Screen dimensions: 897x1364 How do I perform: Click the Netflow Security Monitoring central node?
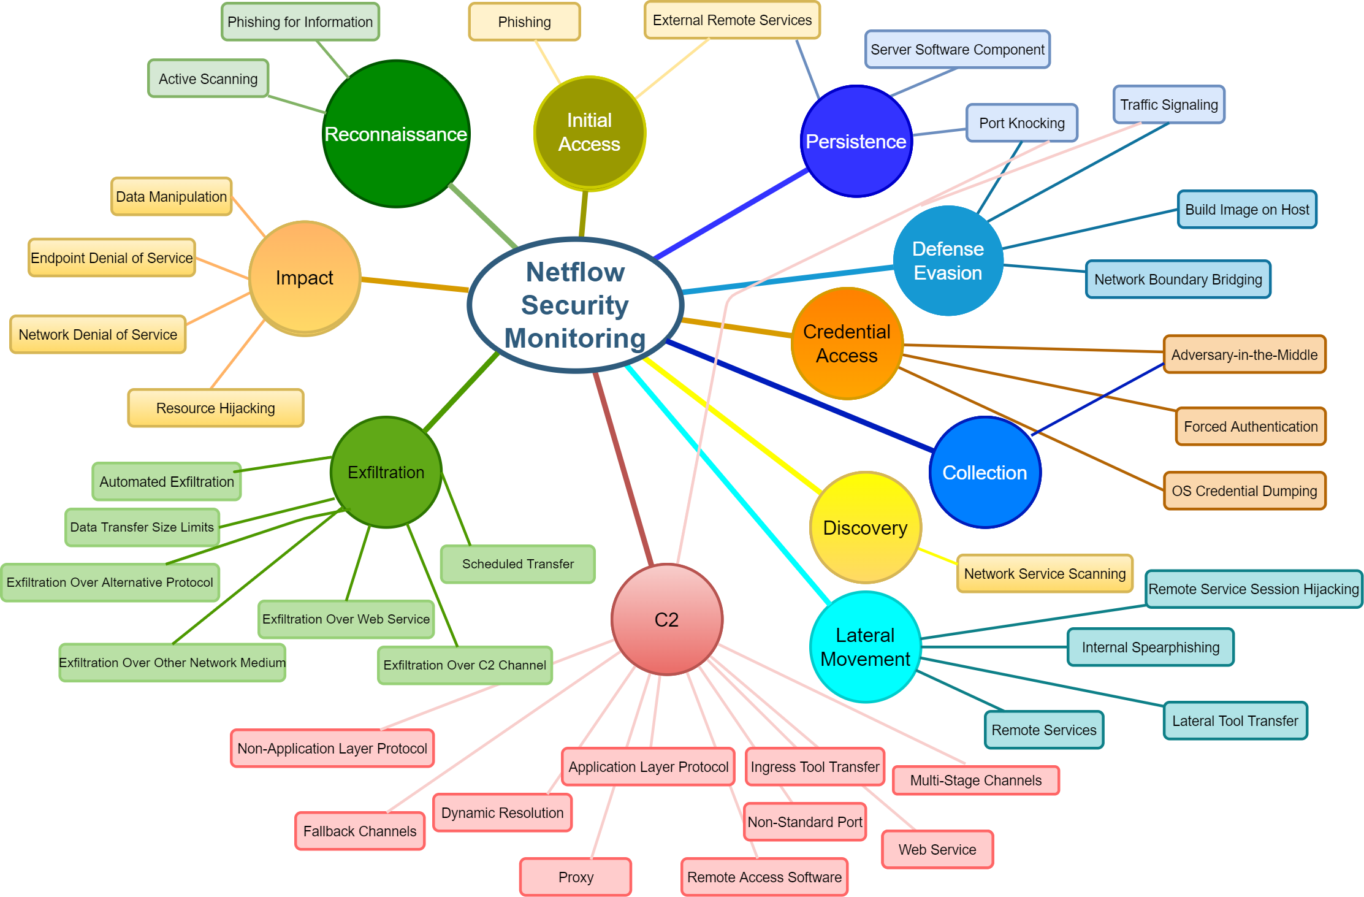575,305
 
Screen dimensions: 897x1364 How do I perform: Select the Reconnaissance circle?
396,134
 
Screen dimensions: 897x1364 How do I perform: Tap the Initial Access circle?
589,132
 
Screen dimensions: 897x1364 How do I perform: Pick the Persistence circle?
856,142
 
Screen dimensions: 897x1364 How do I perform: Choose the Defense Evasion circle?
948,261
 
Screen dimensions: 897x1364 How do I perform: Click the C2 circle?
667,619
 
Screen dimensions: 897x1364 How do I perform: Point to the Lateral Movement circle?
865,647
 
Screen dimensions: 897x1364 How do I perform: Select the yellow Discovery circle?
865,527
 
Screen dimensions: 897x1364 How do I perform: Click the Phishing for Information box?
300,22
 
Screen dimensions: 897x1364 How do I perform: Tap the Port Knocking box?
1022,123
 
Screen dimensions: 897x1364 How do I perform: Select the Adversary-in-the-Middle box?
1244,354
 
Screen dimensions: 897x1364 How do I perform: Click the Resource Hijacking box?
216,408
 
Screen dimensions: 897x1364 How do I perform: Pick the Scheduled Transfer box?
517,564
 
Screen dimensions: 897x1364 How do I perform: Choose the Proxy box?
576,877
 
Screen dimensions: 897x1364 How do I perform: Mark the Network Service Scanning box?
1045,574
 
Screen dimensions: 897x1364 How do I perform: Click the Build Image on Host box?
1247,210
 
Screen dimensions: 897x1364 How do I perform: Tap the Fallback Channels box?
360,831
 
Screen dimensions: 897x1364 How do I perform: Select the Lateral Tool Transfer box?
1235,720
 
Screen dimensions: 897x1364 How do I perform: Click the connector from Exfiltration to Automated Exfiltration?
283,464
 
